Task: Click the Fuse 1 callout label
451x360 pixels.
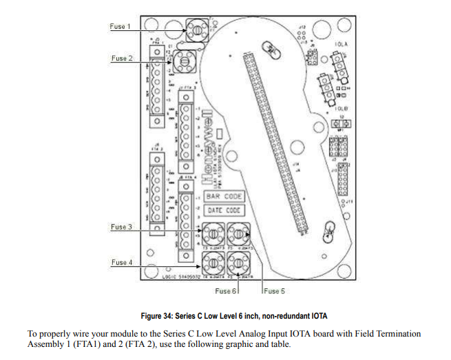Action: (118, 27)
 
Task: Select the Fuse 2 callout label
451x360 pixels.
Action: (118, 59)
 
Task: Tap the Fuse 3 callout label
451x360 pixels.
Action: (118, 227)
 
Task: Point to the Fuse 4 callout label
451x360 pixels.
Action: (118, 262)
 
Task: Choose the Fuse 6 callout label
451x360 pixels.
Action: (224, 291)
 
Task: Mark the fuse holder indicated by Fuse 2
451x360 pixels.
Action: (184, 63)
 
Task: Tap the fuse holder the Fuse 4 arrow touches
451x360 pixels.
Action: (211, 262)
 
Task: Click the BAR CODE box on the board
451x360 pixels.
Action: (225, 197)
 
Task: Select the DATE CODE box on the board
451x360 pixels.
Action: (225, 210)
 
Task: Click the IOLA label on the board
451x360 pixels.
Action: (341, 44)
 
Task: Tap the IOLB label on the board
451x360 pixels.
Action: (341, 108)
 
